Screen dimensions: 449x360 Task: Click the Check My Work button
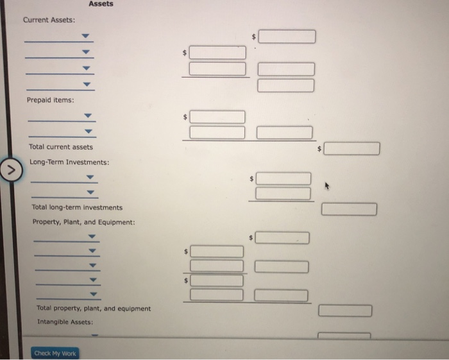[55, 353]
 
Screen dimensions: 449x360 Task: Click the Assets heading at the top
[101, 4]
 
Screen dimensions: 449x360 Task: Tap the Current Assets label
[49, 20]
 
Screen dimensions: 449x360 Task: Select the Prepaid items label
[50, 100]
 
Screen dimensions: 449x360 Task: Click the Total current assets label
[61, 147]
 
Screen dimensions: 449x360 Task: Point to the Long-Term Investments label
[69, 162]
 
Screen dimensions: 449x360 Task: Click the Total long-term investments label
[77, 207]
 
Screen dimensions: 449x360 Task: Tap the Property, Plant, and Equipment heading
[83, 222]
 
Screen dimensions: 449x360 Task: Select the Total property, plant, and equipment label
[94, 309]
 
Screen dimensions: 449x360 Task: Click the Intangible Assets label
[65, 322]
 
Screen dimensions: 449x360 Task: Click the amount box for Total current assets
[352, 149]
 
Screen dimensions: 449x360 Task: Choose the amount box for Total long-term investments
[349, 209]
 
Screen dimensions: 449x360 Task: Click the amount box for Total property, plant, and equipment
[345, 311]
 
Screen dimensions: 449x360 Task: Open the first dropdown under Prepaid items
[89, 117]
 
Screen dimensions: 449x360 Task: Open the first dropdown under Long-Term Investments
[90, 177]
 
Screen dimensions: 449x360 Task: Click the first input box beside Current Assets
[287, 37]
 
